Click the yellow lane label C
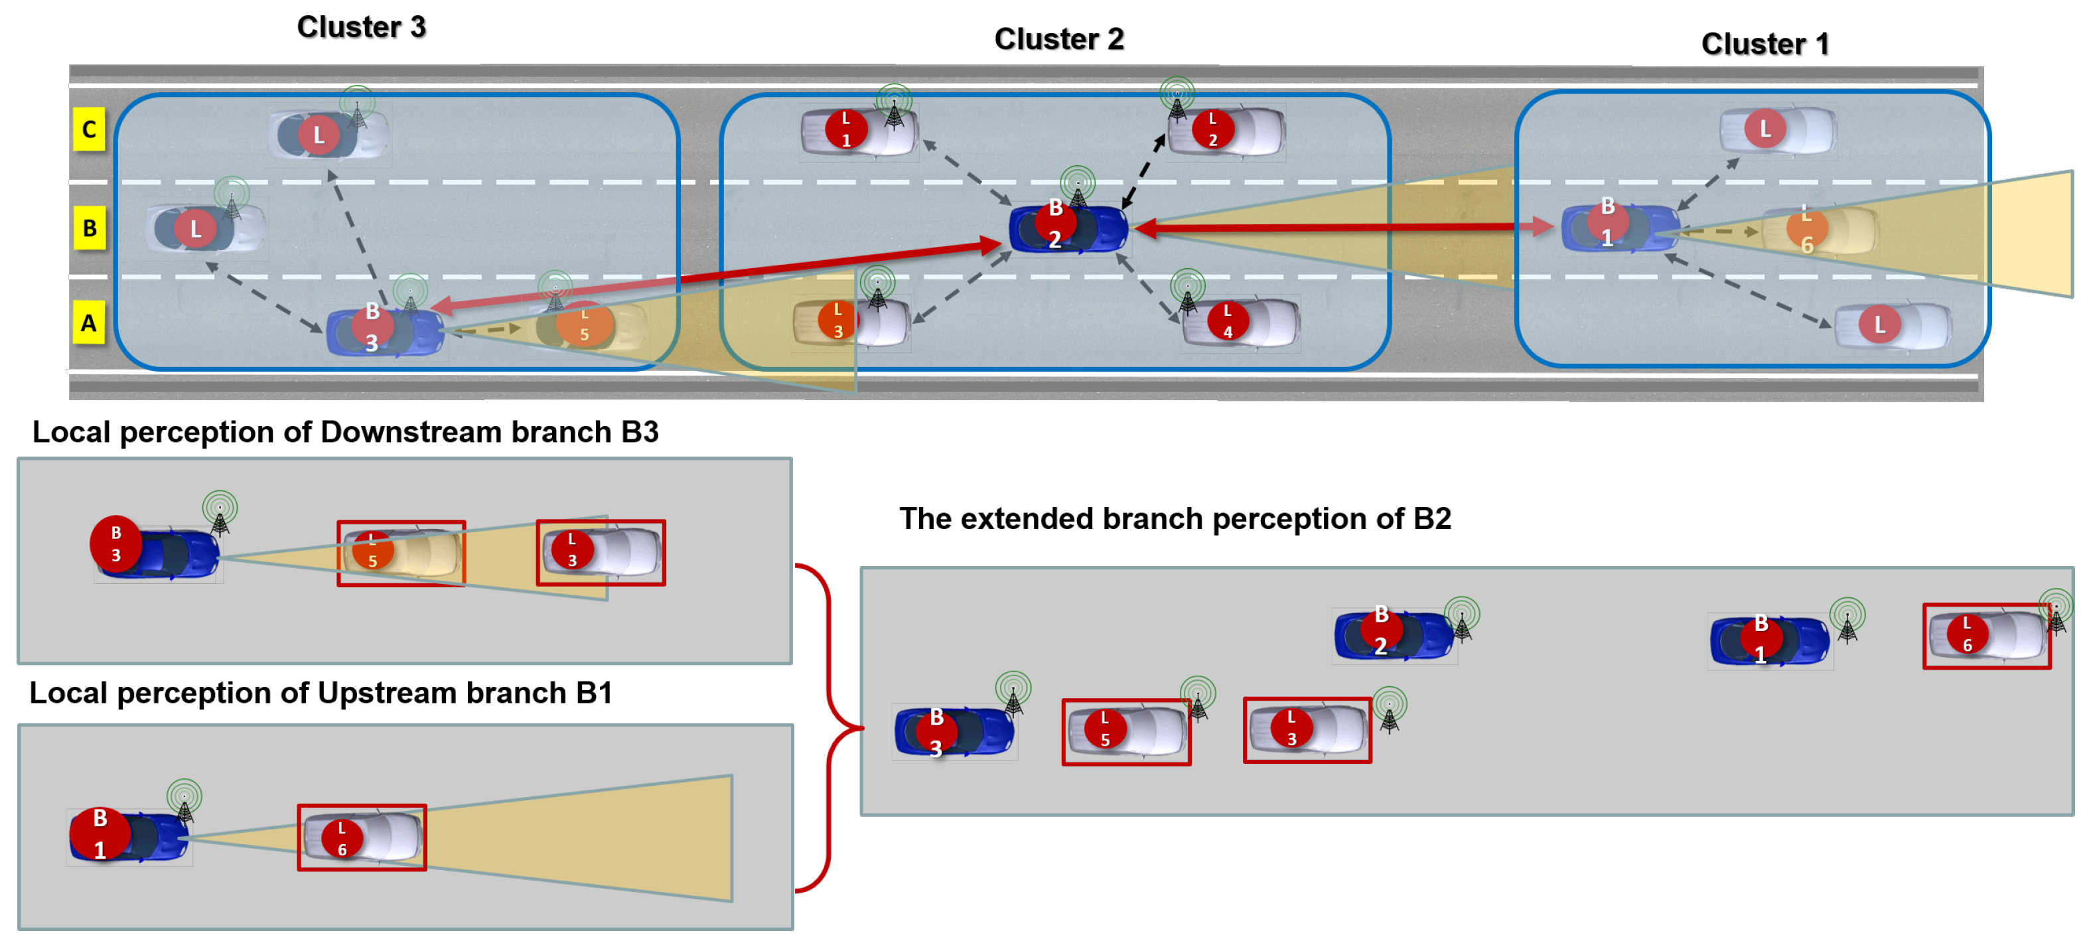point(90,129)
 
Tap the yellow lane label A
point(90,323)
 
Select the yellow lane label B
point(90,228)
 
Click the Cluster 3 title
point(362,27)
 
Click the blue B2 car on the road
point(1068,228)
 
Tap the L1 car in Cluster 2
point(859,131)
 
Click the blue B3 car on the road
point(385,330)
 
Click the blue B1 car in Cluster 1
point(1620,228)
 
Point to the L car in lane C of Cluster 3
point(329,134)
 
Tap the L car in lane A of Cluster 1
point(1893,326)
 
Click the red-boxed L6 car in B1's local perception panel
point(362,837)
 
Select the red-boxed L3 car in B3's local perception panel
point(601,553)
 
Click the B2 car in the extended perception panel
point(1394,635)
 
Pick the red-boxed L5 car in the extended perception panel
point(1127,731)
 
